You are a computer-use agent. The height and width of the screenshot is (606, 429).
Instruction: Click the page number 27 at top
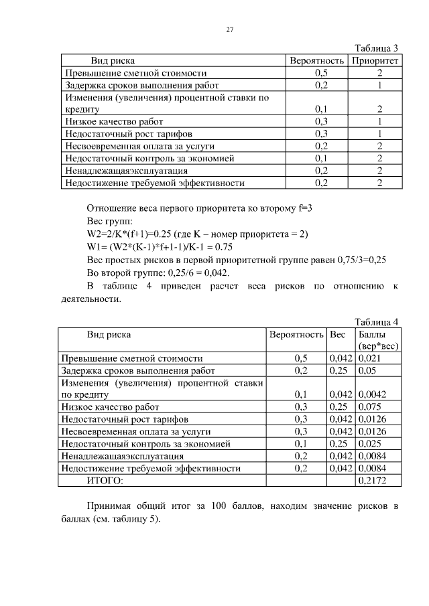[229, 30]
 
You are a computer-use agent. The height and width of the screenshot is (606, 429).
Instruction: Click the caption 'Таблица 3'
[376, 48]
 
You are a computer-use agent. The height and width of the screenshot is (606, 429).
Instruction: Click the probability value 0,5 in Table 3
[320, 73]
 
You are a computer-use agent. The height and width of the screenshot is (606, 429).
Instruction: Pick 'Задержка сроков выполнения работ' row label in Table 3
[141, 85]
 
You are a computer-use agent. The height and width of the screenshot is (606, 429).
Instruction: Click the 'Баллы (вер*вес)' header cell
[378, 339]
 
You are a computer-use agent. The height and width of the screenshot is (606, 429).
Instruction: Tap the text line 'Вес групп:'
[110, 222]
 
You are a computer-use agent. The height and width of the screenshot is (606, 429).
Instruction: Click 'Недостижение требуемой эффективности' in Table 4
[151, 468]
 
